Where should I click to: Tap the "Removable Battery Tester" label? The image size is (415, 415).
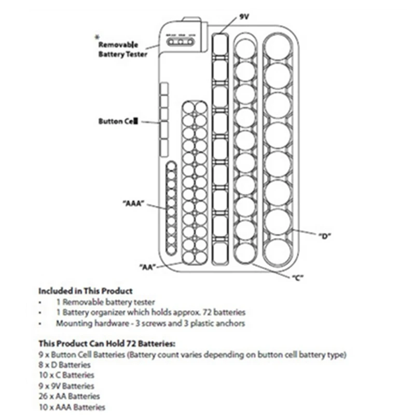click(x=123, y=49)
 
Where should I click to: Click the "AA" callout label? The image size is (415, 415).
click(x=148, y=266)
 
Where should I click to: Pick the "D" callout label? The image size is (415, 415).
click(x=325, y=236)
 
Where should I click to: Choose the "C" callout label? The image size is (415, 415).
click(x=297, y=277)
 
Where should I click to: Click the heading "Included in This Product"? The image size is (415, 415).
click(x=86, y=291)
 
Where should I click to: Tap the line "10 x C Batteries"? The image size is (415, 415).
click(x=66, y=375)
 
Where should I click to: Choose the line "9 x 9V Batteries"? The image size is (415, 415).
click(x=66, y=386)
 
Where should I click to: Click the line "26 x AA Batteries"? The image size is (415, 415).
click(x=68, y=397)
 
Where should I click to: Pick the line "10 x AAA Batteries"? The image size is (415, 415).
click(x=72, y=408)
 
